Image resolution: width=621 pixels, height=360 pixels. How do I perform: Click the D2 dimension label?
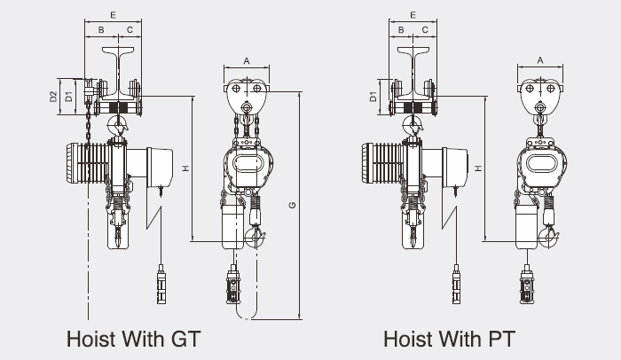tap(53, 97)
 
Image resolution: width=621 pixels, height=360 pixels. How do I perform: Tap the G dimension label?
tap(292, 205)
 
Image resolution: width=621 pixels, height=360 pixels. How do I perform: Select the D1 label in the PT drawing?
tap(373, 97)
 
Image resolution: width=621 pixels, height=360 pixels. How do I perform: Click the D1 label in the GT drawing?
tap(69, 97)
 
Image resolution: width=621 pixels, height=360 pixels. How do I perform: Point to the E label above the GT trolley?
tap(114, 15)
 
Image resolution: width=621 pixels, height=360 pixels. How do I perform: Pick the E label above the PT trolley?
tap(413, 15)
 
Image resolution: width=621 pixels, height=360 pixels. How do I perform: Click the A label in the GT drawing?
tap(247, 61)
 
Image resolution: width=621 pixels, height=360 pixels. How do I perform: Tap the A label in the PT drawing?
tap(539, 60)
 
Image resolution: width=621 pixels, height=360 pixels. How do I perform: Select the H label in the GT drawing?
tap(185, 168)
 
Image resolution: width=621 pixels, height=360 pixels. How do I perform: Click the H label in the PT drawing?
tap(479, 168)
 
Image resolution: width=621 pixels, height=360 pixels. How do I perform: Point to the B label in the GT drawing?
tap(101, 29)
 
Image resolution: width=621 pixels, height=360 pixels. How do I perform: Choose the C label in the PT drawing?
tap(425, 29)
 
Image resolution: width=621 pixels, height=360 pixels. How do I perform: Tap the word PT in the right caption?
tap(502, 339)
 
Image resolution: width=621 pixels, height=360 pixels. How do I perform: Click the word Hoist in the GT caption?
tap(91, 339)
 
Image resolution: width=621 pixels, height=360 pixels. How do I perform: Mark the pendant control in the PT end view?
tap(526, 285)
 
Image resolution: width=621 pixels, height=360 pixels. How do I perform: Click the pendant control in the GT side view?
tap(161, 285)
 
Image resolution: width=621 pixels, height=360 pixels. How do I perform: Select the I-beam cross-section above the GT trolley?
tap(118, 73)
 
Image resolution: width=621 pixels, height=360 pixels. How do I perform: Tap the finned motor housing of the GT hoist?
tap(88, 163)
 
